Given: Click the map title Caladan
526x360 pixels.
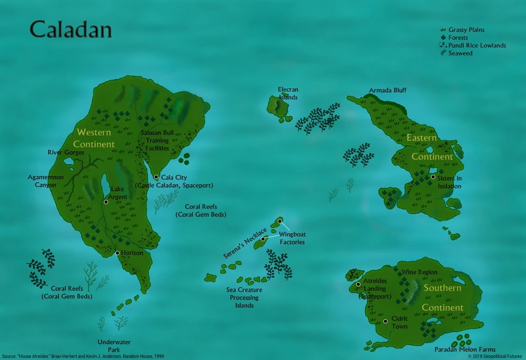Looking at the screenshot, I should click(70, 30).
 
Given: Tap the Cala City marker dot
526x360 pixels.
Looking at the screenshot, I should click(156, 177).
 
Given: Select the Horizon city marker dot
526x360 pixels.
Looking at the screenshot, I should click(117, 253).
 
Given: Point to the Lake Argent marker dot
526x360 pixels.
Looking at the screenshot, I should click(106, 202).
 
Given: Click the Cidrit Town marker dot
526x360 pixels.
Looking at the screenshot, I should click(385, 321).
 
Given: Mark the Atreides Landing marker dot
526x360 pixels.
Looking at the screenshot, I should click(358, 284).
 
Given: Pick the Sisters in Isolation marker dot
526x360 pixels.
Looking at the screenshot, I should click(433, 177).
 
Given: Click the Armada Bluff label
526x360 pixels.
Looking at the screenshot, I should click(388, 91).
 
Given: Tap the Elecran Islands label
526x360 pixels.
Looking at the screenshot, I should click(288, 93).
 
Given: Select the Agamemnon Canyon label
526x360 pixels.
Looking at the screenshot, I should click(46, 181).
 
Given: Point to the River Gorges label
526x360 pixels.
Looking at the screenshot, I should click(66, 153).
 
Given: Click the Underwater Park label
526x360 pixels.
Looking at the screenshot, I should click(114, 346).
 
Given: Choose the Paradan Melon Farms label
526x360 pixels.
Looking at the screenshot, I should click(465, 349).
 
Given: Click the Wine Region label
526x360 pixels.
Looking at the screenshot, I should click(420, 272).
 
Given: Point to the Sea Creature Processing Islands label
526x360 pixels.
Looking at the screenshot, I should click(244, 297).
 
